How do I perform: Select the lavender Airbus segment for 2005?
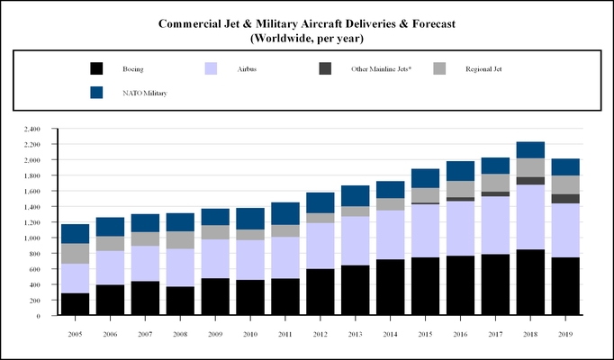75,278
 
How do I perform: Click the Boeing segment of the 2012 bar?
321,292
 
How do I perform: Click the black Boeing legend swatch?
96,68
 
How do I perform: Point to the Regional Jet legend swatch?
440,68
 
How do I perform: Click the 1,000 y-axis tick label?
32,238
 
